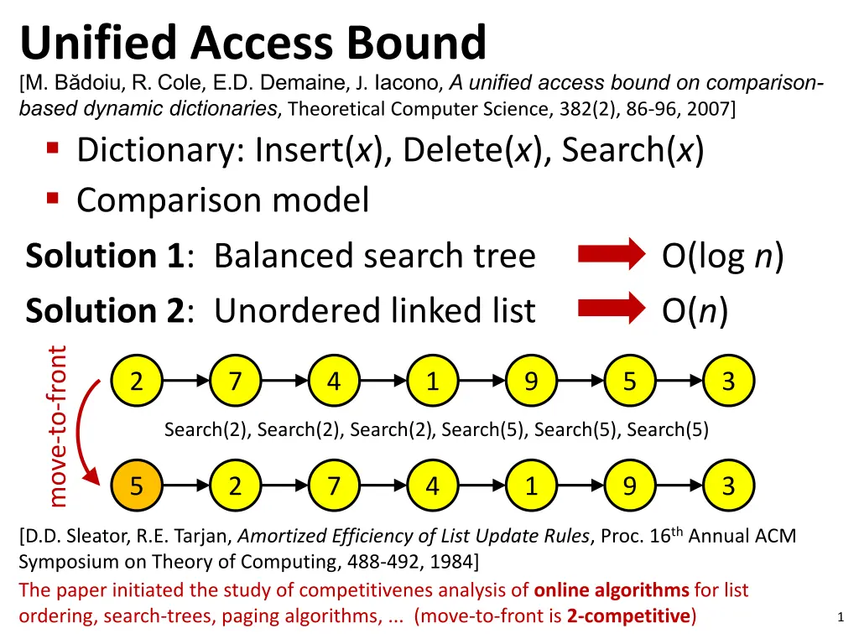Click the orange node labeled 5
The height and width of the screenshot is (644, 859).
[136, 486]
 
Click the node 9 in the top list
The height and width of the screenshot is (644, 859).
[530, 382]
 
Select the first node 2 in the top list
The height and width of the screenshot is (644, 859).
[136, 382]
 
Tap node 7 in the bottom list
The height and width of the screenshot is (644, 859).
[333, 486]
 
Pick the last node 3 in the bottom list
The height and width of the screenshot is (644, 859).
[728, 486]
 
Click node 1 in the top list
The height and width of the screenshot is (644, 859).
[432, 382]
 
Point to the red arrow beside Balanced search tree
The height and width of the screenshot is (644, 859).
[607, 256]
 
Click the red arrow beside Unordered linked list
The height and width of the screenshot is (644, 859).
[607, 309]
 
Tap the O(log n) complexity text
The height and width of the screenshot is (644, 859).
[722, 256]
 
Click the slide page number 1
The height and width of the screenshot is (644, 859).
[840, 618]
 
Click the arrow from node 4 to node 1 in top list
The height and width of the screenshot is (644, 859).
[383, 382]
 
